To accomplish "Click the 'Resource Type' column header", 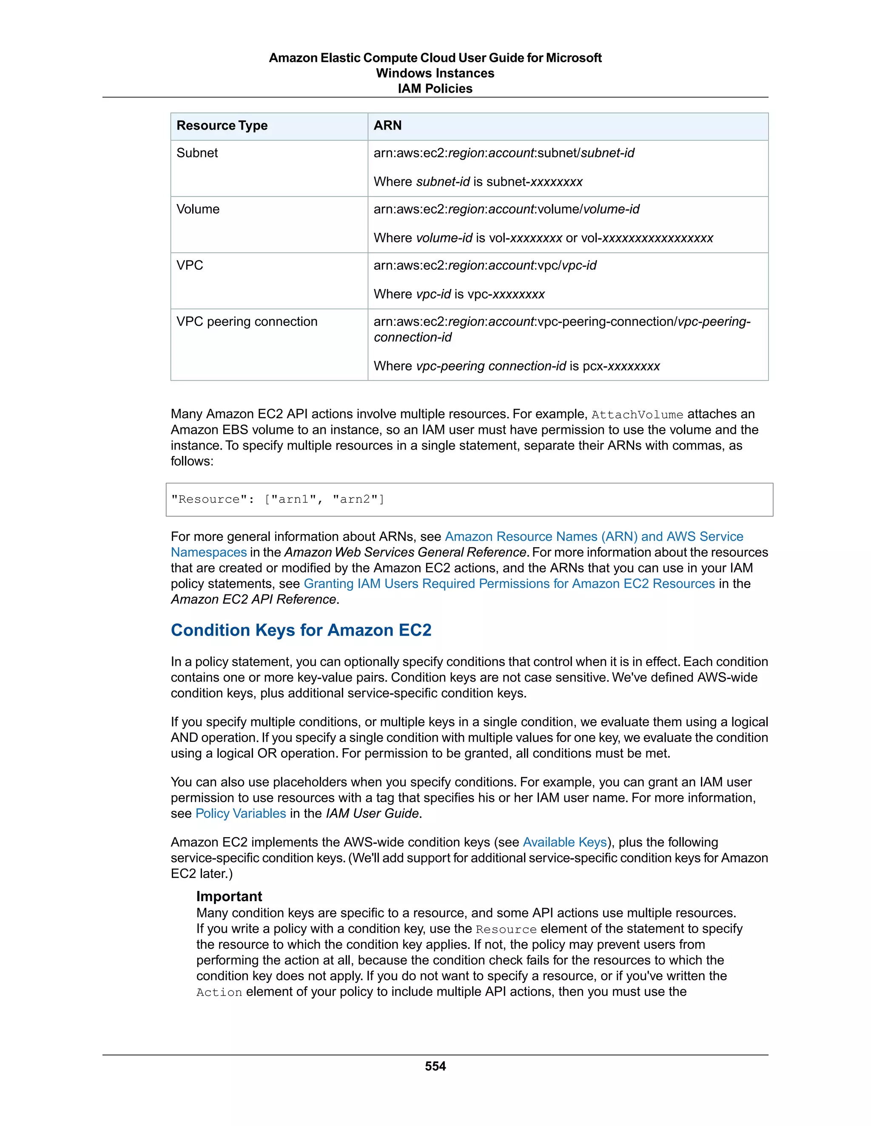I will [x=222, y=126].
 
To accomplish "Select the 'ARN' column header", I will [x=387, y=126].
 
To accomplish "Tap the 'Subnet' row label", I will [x=197, y=153].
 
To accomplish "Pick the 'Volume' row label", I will [x=198, y=209].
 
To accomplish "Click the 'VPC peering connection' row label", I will [x=247, y=322].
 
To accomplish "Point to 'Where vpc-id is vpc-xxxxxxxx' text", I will [x=459, y=294].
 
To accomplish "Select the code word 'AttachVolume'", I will [x=637, y=415].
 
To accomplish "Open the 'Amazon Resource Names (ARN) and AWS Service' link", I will [x=593, y=537].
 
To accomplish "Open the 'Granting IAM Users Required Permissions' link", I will [x=509, y=584].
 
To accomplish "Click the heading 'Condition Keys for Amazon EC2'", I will [x=301, y=630].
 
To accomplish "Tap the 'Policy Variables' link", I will [x=240, y=814].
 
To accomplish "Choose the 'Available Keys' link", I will [x=564, y=843].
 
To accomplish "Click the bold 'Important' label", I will [x=229, y=896].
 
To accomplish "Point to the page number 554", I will [x=435, y=1066].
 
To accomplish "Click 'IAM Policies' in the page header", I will [x=435, y=89].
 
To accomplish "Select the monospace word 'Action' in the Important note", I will [x=219, y=993].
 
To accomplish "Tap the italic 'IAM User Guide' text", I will [x=373, y=814].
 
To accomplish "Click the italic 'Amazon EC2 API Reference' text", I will [x=253, y=600].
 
